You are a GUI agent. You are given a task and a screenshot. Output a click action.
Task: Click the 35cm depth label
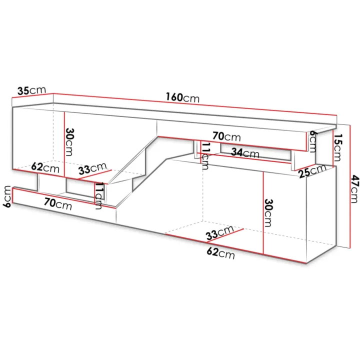[x=31, y=90]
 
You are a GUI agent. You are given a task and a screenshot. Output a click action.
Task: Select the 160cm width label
[x=183, y=97]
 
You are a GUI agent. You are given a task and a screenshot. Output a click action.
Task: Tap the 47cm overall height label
[x=354, y=188]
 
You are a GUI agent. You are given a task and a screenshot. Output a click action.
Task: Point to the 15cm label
[x=337, y=147]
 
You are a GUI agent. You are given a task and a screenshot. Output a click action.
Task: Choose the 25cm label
[x=312, y=171]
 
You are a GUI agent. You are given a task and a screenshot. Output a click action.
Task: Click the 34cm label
[x=245, y=152]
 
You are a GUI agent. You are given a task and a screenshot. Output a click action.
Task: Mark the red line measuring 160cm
[x=195, y=104]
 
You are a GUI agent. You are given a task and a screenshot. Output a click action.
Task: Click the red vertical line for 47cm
[x=350, y=186]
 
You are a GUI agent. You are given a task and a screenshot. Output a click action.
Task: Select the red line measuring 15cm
[x=332, y=148]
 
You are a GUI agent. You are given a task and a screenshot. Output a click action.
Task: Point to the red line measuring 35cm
[x=32, y=95]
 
